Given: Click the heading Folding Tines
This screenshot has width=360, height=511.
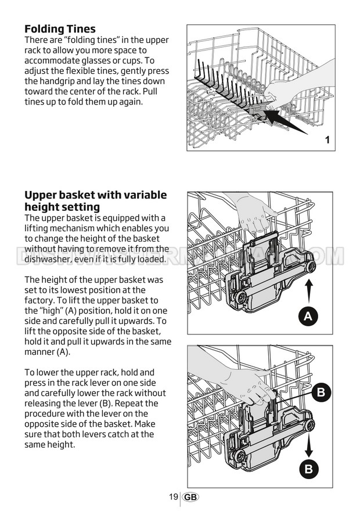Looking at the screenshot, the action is click(60, 29).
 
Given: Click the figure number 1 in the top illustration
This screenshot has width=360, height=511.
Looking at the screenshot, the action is click(327, 140).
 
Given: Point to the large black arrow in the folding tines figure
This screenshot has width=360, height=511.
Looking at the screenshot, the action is click(283, 121).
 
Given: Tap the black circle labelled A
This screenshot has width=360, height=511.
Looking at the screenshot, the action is click(308, 316).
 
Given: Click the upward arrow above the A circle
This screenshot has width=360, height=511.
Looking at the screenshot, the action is click(309, 292).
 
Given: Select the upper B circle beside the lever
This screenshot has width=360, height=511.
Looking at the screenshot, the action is click(321, 392).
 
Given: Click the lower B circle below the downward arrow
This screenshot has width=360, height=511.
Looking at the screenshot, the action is click(309, 469).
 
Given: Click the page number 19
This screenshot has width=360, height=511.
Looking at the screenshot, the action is click(173, 496).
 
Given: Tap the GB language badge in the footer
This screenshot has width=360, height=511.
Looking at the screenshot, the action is click(190, 497).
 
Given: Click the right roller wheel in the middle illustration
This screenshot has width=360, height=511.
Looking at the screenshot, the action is click(310, 266).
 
